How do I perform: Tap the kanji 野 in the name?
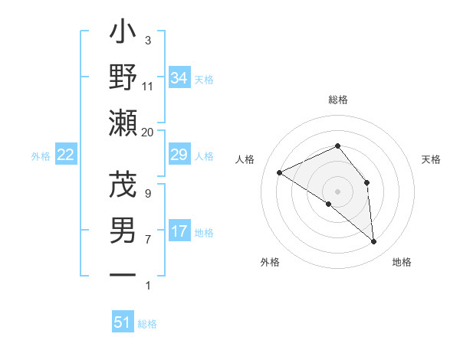[x=123, y=77]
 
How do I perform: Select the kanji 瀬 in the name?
[x=123, y=123]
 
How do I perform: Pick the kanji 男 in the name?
[x=123, y=231]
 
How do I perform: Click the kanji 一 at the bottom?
[x=123, y=274]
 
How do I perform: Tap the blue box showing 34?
[x=179, y=78]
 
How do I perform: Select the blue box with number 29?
[x=179, y=155]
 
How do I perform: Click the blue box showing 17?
[x=179, y=231]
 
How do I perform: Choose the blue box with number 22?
[x=65, y=155]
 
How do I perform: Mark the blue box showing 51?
[x=123, y=322]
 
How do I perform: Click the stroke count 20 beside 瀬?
[x=148, y=133]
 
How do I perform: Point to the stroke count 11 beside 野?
[x=148, y=86]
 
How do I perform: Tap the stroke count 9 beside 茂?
[x=148, y=194]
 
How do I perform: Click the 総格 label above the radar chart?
[x=337, y=100]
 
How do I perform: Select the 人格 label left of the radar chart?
[x=245, y=159]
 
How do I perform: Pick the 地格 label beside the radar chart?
[x=402, y=262]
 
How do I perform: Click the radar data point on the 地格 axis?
[x=374, y=242]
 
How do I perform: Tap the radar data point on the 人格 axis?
[x=280, y=173]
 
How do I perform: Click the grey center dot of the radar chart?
[x=337, y=191]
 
